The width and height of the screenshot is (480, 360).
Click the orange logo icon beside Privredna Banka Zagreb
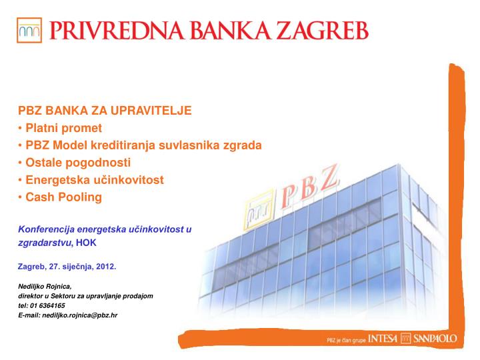pos(30,30)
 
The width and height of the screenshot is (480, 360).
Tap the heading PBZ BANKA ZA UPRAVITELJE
pos(105,110)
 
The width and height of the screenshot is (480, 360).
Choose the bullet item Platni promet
pos(63,127)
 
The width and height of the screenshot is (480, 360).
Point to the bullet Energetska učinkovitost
pos(94,179)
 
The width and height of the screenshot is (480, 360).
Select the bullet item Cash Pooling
pos(63,197)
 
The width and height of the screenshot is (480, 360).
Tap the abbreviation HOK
pos(87,243)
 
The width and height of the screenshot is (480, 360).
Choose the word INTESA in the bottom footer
pos(382,339)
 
